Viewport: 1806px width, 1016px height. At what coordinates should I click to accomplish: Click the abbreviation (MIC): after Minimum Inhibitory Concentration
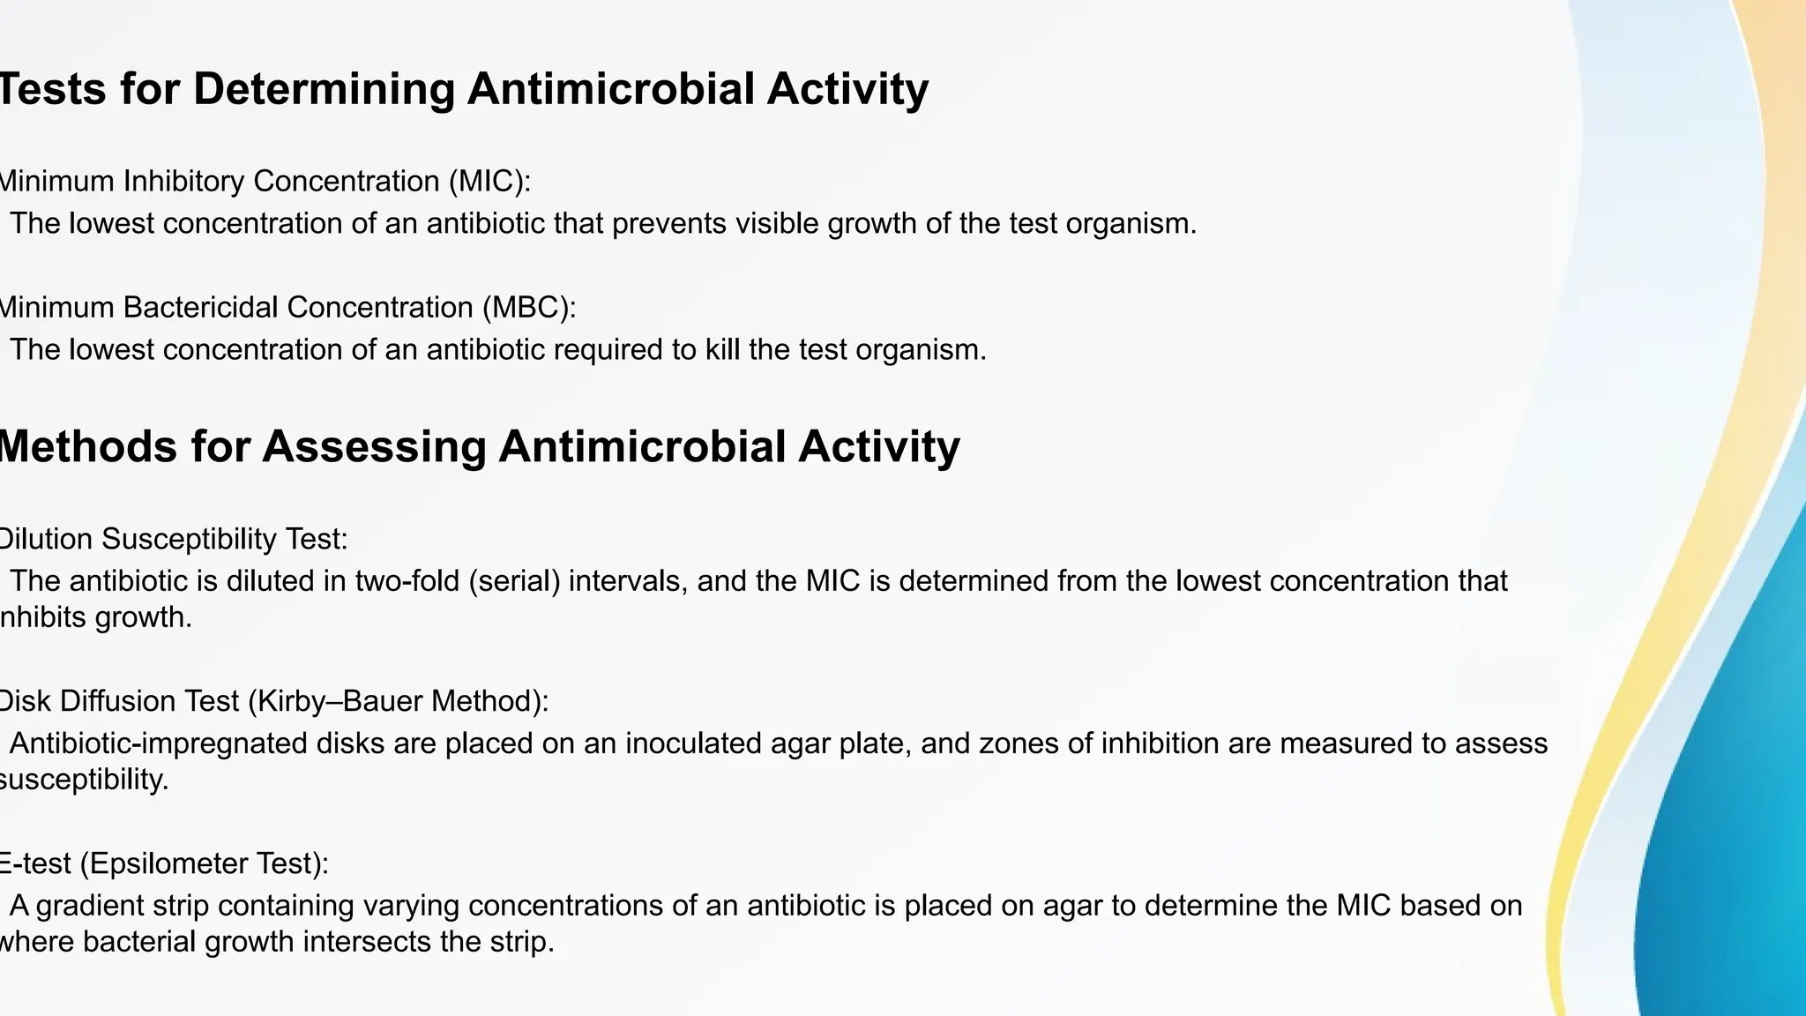pyautogui.click(x=489, y=182)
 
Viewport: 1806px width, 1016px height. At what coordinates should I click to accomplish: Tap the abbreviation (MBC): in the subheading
pyautogui.click(x=528, y=308)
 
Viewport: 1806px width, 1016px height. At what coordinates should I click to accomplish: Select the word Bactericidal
pyautogui.click(x=202, y=308)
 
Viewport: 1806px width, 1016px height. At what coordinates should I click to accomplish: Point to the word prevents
pyautogui.click(x=669, y=224)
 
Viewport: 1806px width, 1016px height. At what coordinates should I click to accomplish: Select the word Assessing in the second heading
pyautogui.click(x=373, y=446)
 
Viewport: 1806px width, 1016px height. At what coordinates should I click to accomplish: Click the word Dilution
pyautogui.click(x=42, y=539)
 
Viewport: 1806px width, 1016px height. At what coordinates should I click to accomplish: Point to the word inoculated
pyautogui.click(x=694, y=743)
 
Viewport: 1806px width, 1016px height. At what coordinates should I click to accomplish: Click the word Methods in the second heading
pyautogui.click(x=86, y=446)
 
